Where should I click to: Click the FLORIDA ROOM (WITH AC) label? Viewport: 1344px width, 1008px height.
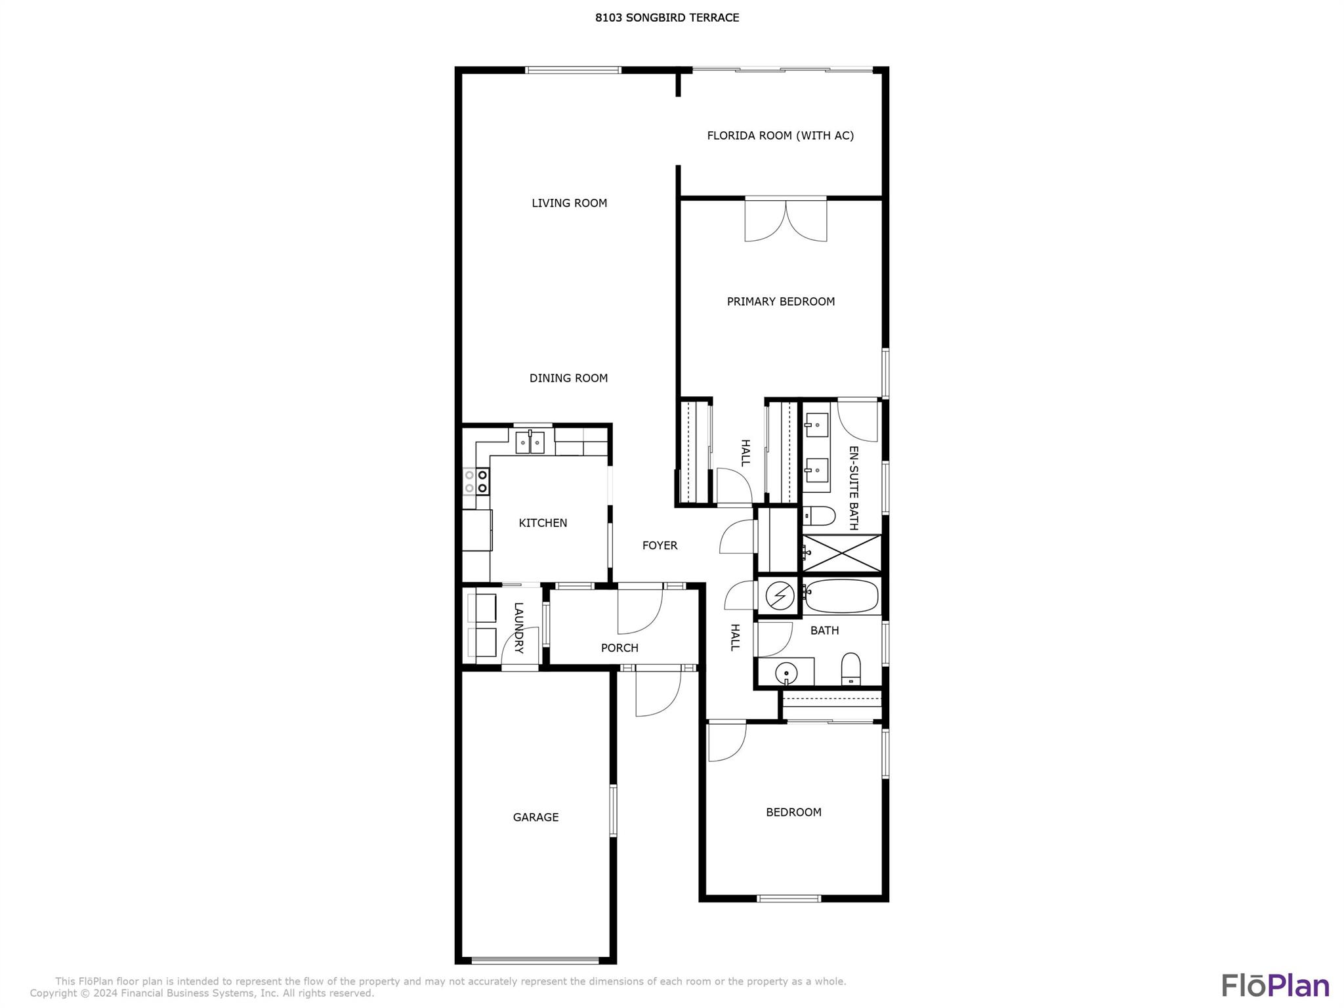click(780, 136)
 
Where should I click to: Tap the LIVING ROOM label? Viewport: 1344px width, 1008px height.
click(569, 203)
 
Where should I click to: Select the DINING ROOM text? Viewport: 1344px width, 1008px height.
click(568, 378)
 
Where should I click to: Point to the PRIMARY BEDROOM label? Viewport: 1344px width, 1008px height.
click(781, 302)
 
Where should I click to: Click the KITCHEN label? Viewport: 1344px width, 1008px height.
click(543, 523)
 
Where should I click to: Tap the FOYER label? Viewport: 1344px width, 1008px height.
click(660, 545)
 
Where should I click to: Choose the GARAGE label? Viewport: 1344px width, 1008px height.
click(535, 817)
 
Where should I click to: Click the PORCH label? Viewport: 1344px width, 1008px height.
click(619, 648)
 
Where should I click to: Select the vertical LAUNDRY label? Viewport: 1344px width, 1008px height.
click(518, 628)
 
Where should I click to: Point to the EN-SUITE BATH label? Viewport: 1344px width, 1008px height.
click(854, 488)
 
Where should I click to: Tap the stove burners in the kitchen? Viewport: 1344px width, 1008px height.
click(476, 480)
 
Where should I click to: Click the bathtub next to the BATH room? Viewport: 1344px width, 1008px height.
click(841, 596)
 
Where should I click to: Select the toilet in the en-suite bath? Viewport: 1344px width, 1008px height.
click(818, 516)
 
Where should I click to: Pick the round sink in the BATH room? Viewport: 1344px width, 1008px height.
click(786, 673)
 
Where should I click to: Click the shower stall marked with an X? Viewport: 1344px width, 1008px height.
click(842, 553)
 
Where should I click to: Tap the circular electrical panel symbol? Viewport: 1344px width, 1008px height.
click(780, 596)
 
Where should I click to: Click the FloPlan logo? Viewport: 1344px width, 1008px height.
click(1275, 986)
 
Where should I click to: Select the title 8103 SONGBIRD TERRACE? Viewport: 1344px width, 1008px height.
click(667, 18)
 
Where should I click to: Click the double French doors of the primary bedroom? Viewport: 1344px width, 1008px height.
click(786, 220)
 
